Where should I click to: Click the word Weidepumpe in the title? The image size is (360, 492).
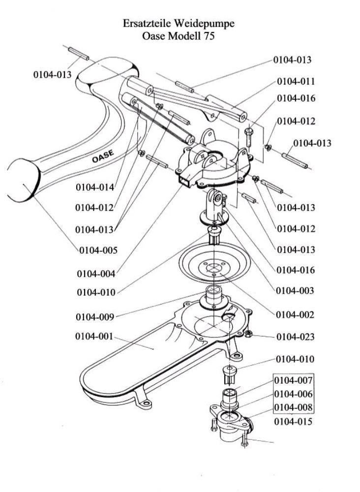point(204,24)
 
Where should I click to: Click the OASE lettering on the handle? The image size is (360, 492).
point(103,156)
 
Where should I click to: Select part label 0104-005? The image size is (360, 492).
point(98,250)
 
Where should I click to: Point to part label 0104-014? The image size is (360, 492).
point(95,187)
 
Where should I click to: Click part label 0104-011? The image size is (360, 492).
point(296,82)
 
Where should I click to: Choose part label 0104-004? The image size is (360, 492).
point(96,274)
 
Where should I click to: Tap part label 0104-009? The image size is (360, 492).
point(95,317)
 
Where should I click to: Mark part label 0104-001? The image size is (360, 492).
point(94,337)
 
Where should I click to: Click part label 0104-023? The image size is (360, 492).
point(295,337)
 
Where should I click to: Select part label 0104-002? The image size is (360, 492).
point(295,315)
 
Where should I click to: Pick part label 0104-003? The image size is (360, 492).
point(295,291)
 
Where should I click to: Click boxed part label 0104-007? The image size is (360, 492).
point(293,380)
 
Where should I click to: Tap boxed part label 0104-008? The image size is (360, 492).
point(293,407)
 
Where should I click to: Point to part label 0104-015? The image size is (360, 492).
point(293,422)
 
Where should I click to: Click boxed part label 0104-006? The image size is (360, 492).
point(293,394)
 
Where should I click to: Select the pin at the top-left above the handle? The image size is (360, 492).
point(78,53)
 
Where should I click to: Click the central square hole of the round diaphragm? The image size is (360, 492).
point(213,267)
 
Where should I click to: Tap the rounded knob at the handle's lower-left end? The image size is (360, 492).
point(24,180)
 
